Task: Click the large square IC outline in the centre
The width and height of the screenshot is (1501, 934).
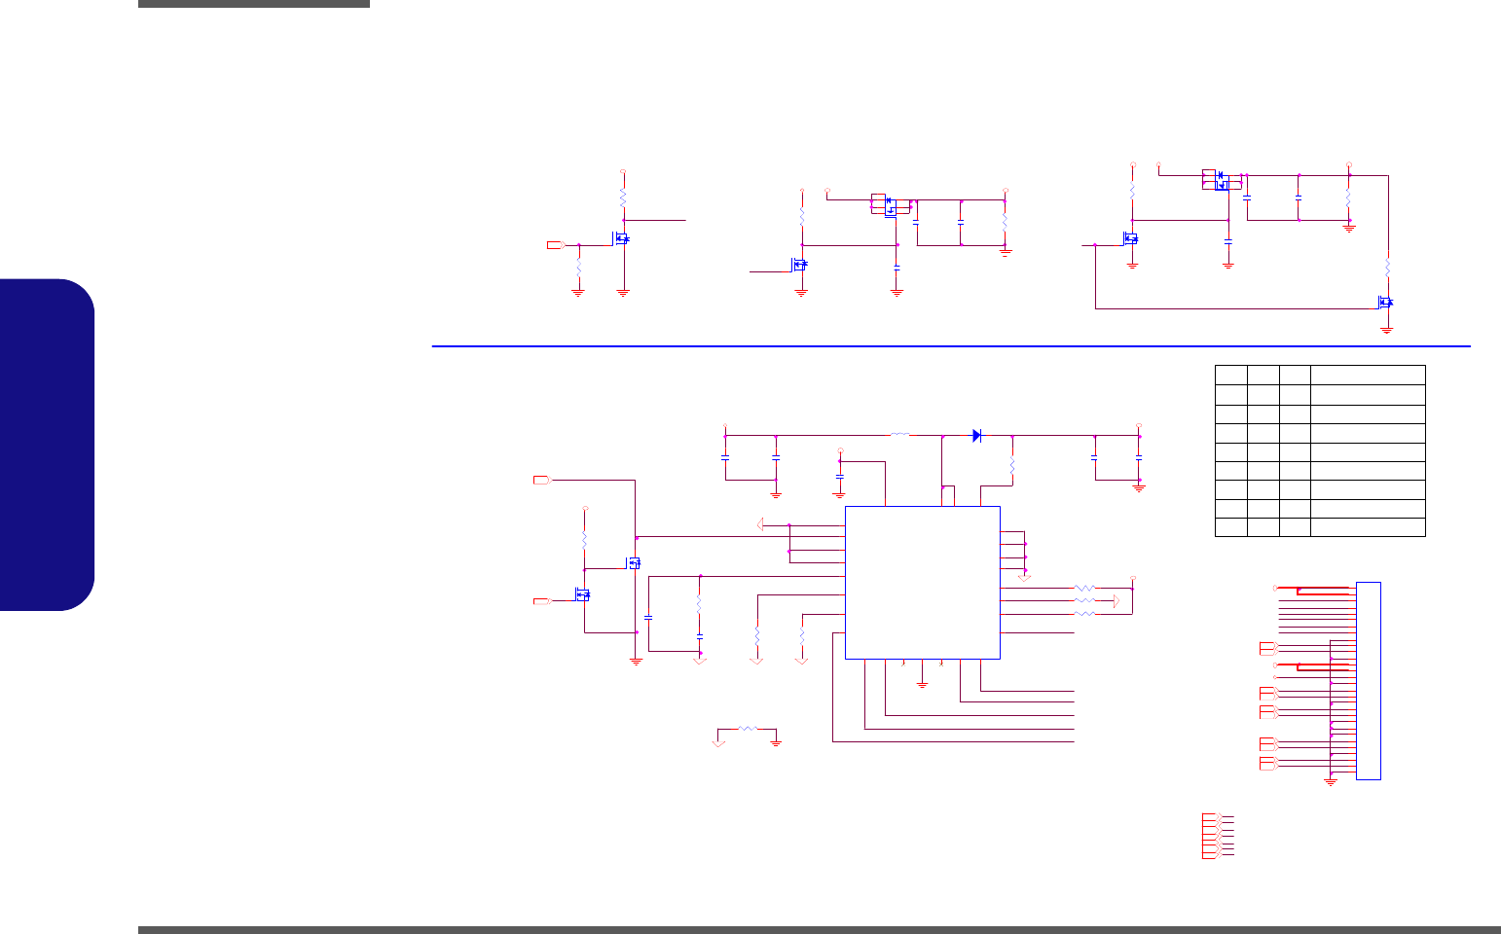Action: pos(922,582)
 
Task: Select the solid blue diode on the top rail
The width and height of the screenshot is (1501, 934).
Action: pos(977,436)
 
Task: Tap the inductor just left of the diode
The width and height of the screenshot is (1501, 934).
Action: pos(900,434)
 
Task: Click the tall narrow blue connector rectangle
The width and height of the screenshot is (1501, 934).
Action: pos(1369,680)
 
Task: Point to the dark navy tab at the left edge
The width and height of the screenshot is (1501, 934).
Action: pos(48,445)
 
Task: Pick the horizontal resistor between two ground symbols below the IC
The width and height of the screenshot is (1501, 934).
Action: pos(747,728)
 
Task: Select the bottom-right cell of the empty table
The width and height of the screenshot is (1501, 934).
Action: pos(1368,527)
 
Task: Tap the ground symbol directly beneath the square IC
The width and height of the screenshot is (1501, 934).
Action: pos(922,684)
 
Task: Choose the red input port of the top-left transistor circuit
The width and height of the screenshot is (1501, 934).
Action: pos(555,244)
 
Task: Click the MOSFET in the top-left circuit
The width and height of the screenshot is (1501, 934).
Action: pos(621,238)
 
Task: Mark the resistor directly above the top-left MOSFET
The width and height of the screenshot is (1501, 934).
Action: pos(623,198)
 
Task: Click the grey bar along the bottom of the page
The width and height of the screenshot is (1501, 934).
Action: pos(819,929)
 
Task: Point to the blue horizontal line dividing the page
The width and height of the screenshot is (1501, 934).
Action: pos(950,345)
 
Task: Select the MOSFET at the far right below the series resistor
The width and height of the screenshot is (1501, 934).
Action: pos(1385,303)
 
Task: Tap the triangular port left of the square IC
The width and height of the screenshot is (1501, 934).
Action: pos(761,525)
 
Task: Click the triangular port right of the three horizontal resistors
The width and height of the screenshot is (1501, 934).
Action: pos(1117,602)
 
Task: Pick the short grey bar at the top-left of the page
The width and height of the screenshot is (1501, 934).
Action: pos(253,4)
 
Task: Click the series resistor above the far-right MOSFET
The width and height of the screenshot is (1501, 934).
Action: pos(1388,266)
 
